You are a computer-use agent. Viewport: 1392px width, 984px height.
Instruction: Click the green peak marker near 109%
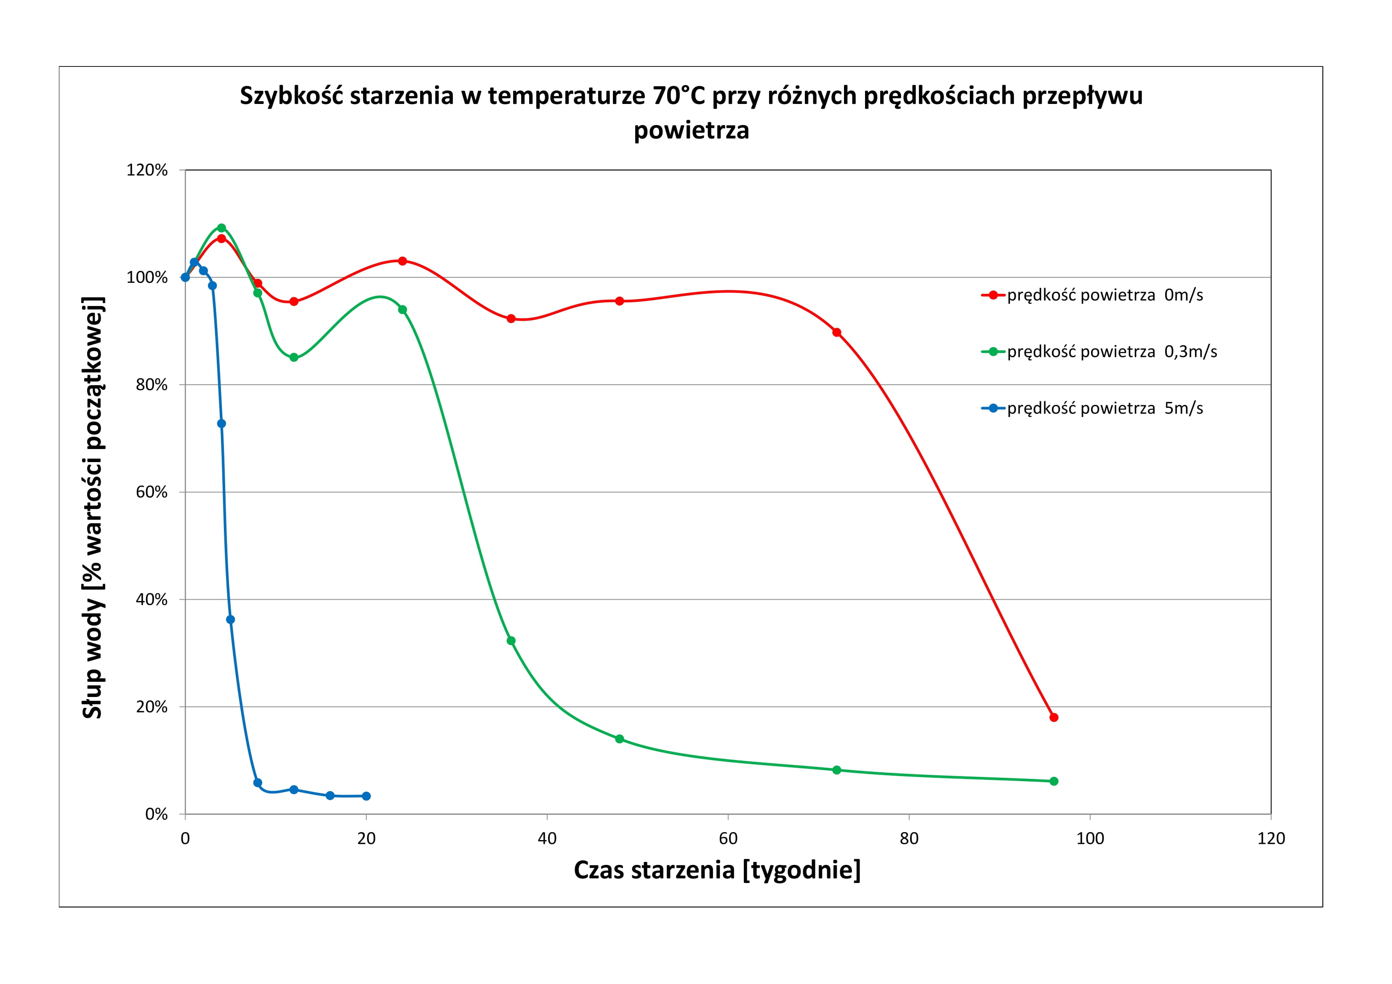(x=221, y=228)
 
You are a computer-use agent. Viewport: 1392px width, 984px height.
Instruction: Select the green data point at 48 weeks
(x=620, y=739)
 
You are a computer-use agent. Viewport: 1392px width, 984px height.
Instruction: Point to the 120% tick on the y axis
(x=147, y=170)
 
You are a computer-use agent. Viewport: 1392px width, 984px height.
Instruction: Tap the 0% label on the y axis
(x=156, y=814)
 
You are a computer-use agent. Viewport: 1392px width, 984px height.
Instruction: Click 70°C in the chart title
(x=679, y=96)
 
